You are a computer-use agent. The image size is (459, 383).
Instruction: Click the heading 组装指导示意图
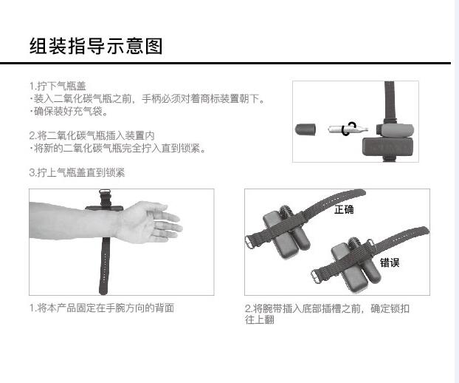pos(96,46)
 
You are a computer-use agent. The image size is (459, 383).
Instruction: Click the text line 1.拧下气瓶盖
pos(58,86)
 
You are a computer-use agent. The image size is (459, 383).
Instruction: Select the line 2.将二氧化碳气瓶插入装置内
pos(92,135)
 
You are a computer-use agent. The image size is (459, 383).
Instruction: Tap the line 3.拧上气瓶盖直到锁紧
pos(77,172)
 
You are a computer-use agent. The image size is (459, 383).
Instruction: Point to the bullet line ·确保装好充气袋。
pos(69,111)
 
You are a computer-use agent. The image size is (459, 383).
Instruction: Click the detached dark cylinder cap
pos(306,129)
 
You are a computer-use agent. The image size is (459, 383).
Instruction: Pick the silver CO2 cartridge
pos(348,129)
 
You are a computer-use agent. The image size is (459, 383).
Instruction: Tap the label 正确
pos(344,209)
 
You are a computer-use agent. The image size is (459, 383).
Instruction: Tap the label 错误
pos(390,262)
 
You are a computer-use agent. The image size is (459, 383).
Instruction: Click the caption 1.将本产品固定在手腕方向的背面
pos(102,308)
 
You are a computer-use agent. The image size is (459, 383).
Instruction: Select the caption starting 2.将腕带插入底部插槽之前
pos(327,313)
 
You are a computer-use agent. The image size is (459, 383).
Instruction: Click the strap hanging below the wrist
pos(104,265)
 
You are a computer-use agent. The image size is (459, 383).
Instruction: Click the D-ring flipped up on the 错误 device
pos(370,243)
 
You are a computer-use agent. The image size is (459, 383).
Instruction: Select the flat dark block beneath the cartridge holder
pos(387,147)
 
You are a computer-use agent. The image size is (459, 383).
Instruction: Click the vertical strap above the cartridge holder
pos(390,101)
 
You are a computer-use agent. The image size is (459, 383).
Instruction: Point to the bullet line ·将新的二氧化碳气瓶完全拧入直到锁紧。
pos(118,148)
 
